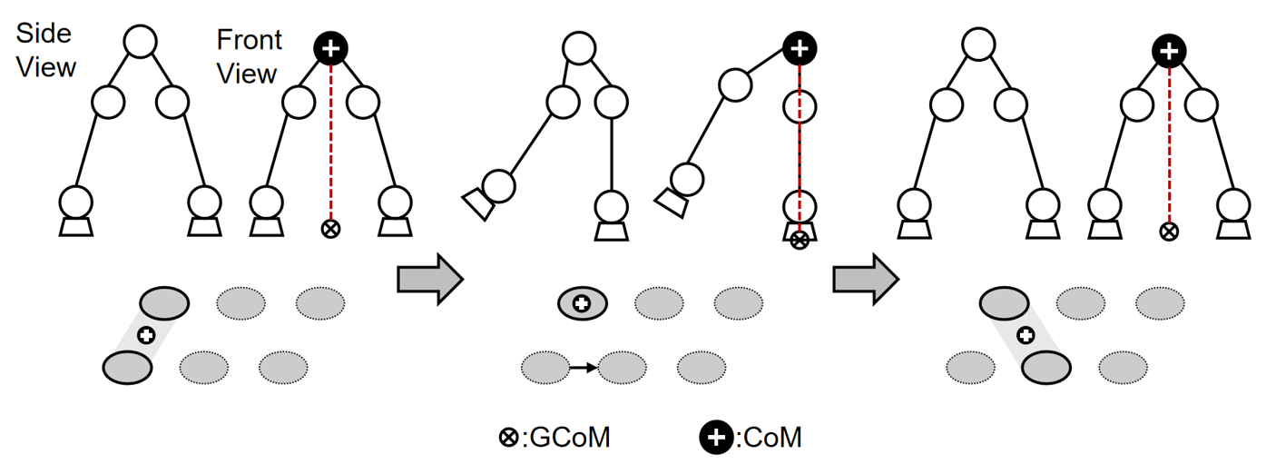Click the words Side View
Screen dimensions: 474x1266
46,51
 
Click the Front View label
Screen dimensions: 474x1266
250,56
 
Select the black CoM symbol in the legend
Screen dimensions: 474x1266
716,438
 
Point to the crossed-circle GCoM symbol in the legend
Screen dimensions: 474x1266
508,438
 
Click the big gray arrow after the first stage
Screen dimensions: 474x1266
430,280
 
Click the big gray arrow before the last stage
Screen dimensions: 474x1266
866,280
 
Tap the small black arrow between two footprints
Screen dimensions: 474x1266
583,368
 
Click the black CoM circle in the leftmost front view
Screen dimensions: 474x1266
331,48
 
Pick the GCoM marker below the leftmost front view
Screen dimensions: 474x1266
331,229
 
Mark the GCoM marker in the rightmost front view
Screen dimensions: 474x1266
1170,232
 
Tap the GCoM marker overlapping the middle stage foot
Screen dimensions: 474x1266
799,241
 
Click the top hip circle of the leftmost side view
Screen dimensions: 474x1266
141,41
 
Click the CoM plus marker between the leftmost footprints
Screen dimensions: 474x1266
145,336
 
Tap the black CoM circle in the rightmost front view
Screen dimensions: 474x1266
1170,52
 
